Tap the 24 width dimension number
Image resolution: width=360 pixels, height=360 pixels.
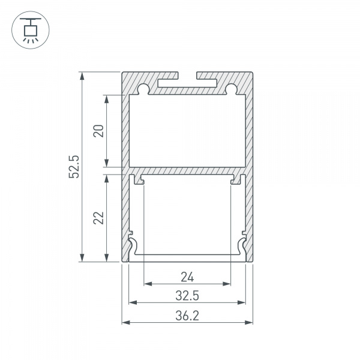pyautogui.click(x=187, y=277)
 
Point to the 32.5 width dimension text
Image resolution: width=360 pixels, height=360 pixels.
pyautogui.click(x=187, y=296)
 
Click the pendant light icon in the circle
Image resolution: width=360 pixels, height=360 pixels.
pyautogui.click(x=28, y=28)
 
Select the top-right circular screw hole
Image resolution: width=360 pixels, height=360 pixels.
pyautogui.click(x=231, y=90)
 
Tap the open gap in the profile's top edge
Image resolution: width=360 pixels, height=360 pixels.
pyautogui.click(x=187, y=76)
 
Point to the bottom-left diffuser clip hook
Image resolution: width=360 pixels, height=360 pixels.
pyautogui.click(x=134, y=246)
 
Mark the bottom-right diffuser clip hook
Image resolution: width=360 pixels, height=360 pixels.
pyautogui.click(x=241, y=246)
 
